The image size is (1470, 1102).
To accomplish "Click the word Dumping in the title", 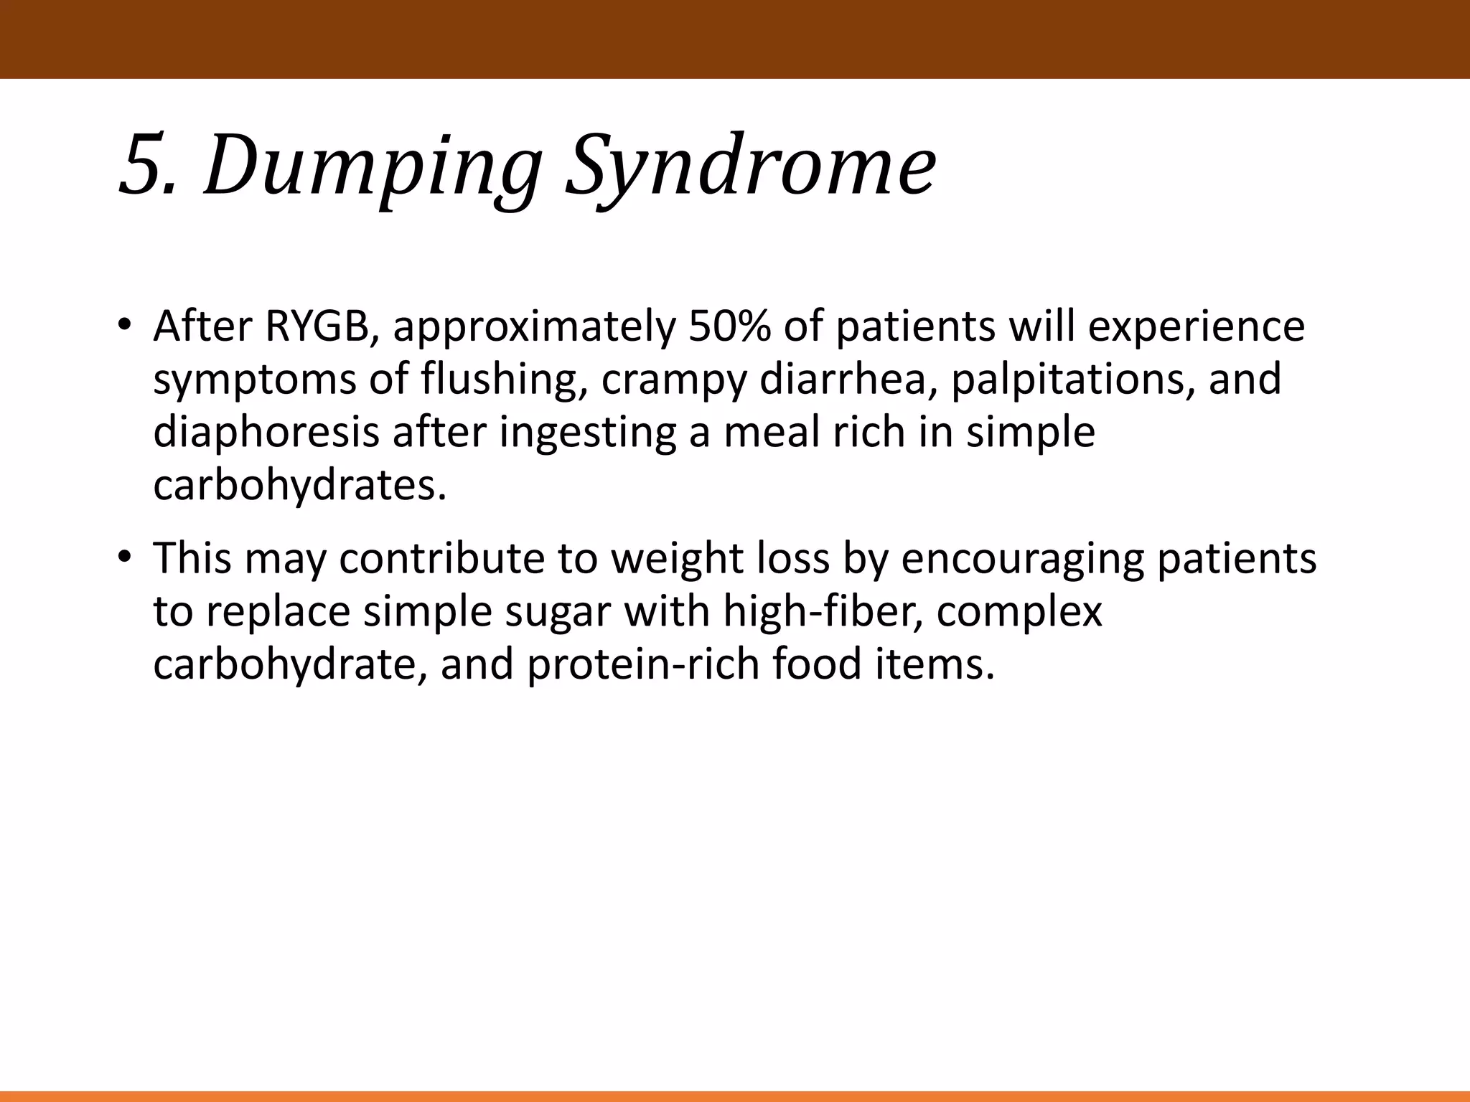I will pyautogui.click(x=372, y=166).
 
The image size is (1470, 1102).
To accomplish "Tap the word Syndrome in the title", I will pyautogui.click(x=750, y=166).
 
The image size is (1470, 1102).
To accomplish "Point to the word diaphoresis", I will pyautogui.click(x=266, y=433).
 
